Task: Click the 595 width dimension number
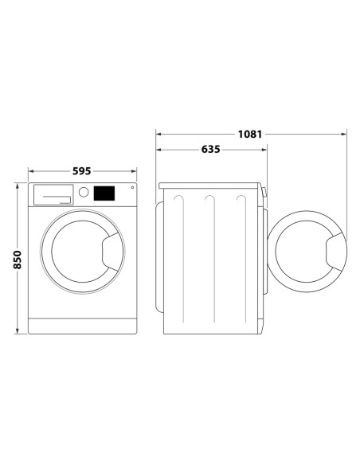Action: point(81,170)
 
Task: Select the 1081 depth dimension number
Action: point(251,134)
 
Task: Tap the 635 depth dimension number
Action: point(210,149)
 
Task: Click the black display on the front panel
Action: point(104,193)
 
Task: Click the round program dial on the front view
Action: point(84,192)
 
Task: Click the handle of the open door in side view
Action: point(333,253)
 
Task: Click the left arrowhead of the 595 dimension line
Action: point(32,170)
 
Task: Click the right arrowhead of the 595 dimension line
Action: point(131,170)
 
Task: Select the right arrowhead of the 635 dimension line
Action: point(264,149)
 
